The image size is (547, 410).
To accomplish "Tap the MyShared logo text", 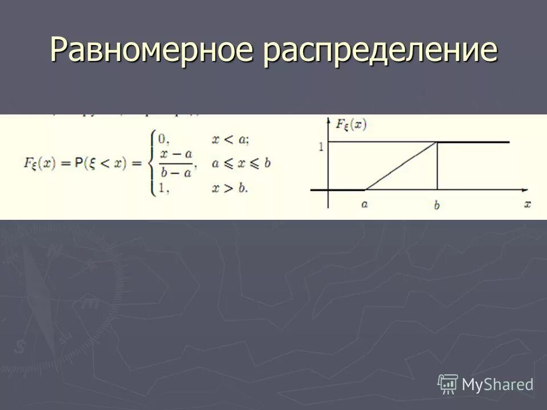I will [x=497, y=384].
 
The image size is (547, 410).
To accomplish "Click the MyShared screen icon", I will [x=448, y=384].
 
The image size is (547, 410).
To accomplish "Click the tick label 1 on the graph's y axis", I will [x=321, y=146].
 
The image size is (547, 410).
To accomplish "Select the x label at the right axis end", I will [x=528, y=203].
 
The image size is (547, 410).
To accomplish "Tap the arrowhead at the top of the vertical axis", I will [x=329, y=120].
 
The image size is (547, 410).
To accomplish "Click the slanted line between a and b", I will [x=401, y=165].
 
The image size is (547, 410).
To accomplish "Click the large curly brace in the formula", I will [x=152, y=162].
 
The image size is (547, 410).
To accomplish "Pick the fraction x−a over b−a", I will [x=176, y=162].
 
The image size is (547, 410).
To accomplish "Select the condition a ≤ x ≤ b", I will [x=241, y=163].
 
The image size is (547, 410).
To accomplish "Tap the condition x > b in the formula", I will [x=229, y=187].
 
